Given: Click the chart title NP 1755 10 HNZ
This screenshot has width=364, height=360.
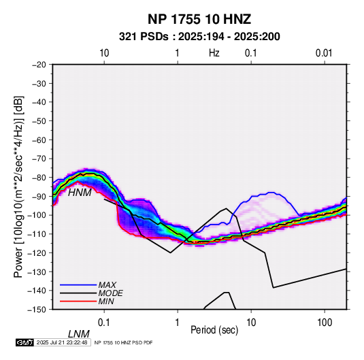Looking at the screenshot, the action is coord(199,19).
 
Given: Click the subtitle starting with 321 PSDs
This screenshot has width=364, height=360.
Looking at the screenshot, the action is coord(199,37).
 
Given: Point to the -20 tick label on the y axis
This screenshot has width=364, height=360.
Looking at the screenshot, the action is coord(39,65).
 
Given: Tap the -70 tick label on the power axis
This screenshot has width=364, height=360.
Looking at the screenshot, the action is coord(39,159).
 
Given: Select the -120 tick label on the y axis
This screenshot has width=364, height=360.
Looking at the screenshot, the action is coord(37,253).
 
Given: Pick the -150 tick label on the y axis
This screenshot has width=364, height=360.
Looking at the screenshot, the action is coord(37,310).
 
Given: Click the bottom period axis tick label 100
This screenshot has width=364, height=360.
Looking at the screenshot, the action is coord(325,323).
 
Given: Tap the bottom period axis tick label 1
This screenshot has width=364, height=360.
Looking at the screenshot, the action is coord(178,323).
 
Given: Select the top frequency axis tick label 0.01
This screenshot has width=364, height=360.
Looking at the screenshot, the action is coord(324,53).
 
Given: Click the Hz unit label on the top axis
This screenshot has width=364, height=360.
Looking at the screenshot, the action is coord(214,53).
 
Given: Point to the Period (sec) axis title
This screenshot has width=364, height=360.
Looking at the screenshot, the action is coord(214,330).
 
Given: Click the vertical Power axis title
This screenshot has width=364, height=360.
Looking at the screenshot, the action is coord(18,186).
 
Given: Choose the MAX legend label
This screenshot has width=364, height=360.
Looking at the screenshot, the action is coord(107,285).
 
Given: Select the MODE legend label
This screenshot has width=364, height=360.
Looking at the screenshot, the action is coord(110,293).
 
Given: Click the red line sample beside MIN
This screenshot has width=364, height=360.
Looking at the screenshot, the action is coord(78,301).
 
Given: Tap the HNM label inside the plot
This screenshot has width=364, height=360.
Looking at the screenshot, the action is coord(80,193).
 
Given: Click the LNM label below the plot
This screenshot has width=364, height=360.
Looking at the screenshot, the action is coord(79,334).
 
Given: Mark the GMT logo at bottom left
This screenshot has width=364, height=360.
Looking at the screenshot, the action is coord(24,342).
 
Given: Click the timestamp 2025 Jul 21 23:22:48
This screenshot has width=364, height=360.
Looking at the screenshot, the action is coord(62,342).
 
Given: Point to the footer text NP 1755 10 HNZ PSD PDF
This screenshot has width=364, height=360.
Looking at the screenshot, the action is coord(124,342).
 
